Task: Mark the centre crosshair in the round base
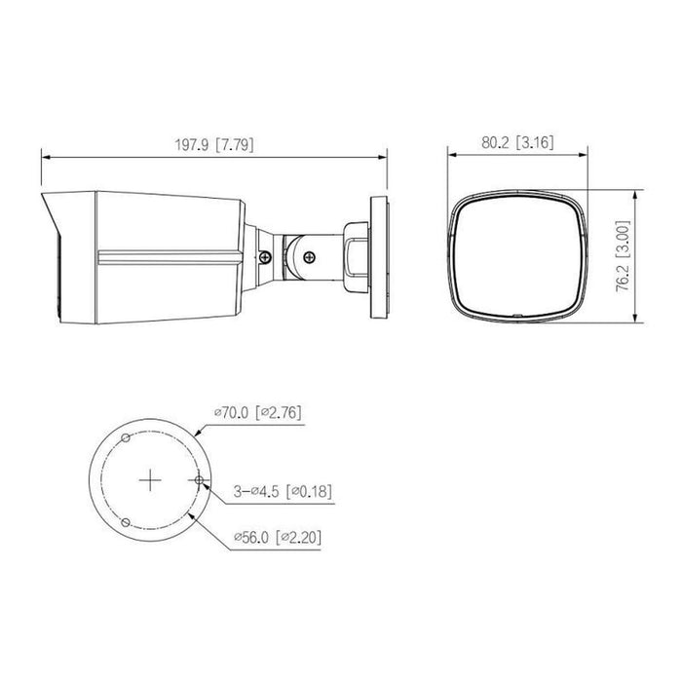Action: click(149, 480)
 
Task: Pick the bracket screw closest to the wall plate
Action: click(310, 256)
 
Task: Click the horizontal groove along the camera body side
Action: click(166, 259)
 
